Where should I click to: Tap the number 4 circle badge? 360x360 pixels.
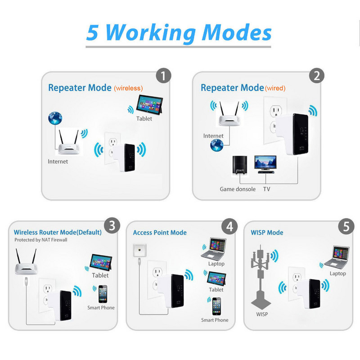tap(229, 226)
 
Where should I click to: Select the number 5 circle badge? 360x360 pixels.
tap(346, 226)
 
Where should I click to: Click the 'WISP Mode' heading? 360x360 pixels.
tap(267, 233)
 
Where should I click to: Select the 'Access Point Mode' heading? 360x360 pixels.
tap(160, 233)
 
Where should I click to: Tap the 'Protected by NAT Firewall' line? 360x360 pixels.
tap(40, 240)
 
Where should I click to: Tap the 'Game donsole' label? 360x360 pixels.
tap(237, 189)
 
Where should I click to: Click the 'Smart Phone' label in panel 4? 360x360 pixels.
tap(215, 320)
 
